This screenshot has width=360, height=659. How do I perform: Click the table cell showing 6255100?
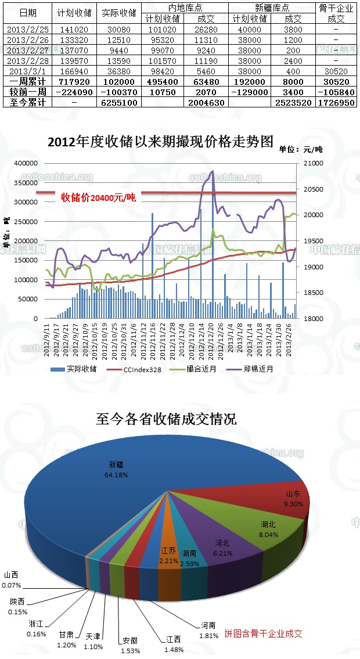(118, 102)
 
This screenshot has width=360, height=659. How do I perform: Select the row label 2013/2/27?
(27, 51)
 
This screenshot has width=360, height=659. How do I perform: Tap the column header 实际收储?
(118, 13)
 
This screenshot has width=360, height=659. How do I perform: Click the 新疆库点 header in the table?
(272, 8)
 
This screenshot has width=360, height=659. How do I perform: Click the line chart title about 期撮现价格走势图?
(160, 142)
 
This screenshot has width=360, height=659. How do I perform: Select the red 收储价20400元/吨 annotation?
(98, 197)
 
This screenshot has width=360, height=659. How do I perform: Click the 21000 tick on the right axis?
(312, 164)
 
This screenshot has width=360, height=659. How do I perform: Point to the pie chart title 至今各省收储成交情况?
(166, 419)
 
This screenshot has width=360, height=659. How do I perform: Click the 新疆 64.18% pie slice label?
(117, 469)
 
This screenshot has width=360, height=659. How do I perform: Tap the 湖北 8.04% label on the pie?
(268, 528)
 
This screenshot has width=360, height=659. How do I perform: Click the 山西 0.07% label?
(13, 580)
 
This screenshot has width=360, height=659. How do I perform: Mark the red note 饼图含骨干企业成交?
(264, 633)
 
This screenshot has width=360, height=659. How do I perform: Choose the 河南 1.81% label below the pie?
(208, 630)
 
